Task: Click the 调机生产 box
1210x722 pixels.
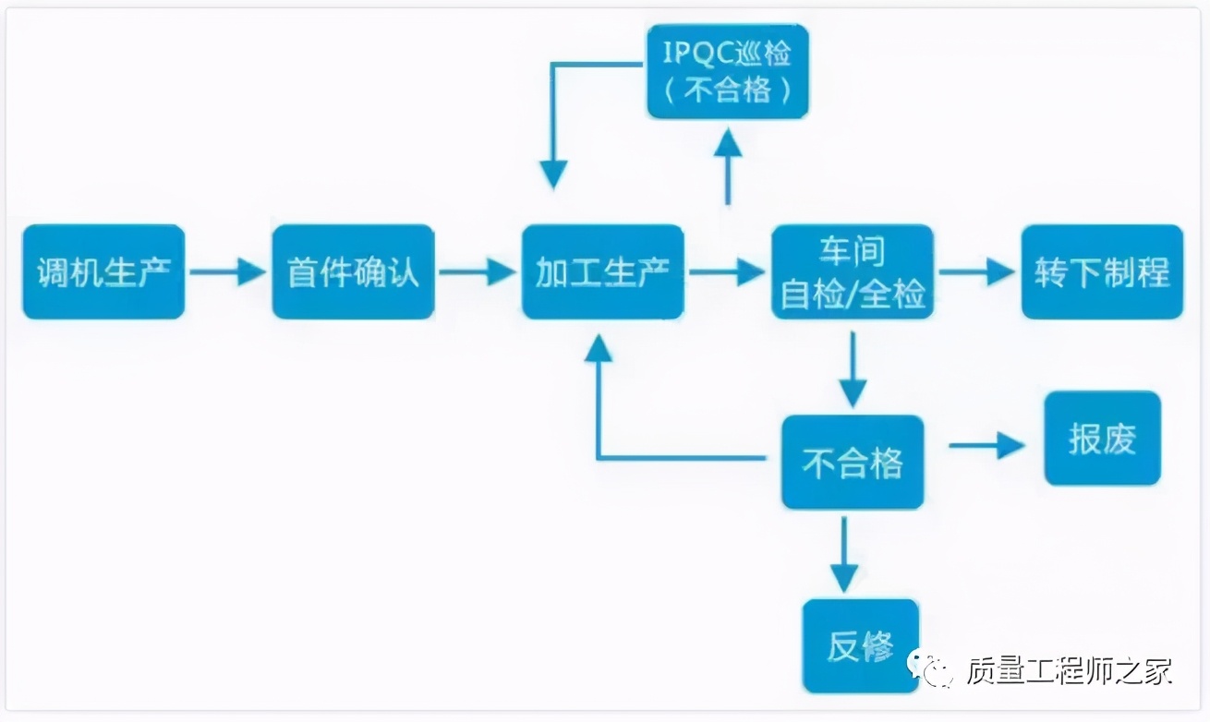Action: tap(103, 272)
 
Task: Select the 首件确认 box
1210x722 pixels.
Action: tap(353, 272)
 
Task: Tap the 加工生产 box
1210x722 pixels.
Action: tap(602, 272)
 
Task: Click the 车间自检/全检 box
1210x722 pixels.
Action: tap(853, 272)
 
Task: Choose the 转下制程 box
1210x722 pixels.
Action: tap(1102, 272)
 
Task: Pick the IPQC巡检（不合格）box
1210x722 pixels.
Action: tap(728, 72)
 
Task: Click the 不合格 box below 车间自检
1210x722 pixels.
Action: tap(853, 462)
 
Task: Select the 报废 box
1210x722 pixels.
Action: tap(1102, 439)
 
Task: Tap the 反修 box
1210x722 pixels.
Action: tap(861, 645)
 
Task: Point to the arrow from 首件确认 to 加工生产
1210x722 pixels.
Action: tap(477, 271)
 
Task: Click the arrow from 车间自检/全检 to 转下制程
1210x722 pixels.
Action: tap(976, 271)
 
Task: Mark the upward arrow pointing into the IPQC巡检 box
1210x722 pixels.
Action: tap(728, 166)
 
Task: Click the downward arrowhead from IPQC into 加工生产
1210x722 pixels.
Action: tap(553, 174)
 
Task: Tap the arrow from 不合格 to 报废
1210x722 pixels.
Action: tap(986, 447)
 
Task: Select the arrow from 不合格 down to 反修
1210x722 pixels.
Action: tap(843, 554)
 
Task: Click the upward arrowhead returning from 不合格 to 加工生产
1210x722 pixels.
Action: tap(599, 349)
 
